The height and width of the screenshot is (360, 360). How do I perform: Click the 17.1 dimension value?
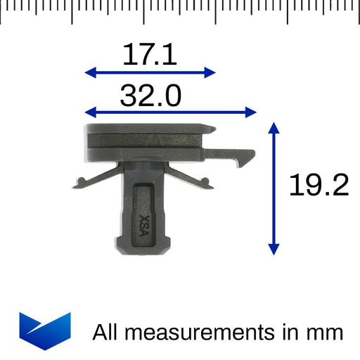(150, 55)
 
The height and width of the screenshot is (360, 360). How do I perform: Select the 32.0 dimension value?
(150, 96)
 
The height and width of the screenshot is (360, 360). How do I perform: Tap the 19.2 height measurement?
(319, 186)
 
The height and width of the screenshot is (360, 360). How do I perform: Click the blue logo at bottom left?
(45, 328)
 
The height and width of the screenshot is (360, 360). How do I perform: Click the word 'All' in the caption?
(107, 331)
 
